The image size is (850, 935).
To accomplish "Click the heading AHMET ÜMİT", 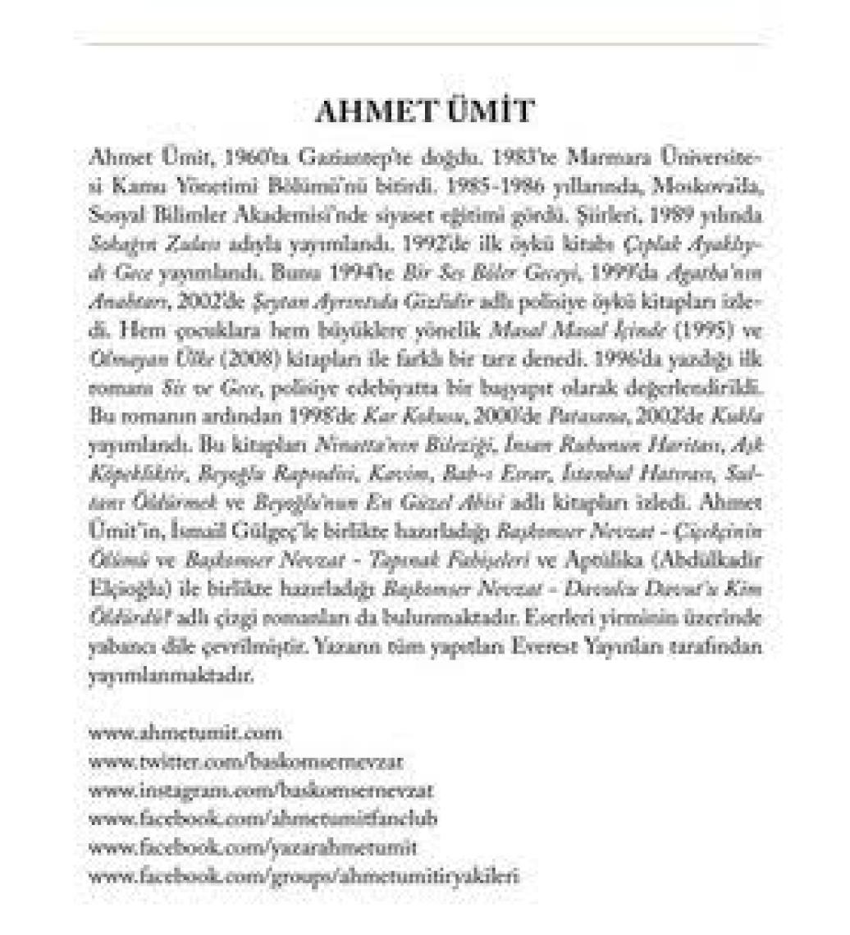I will point(424,113).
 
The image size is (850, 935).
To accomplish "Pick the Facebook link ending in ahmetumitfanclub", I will point(263,818).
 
